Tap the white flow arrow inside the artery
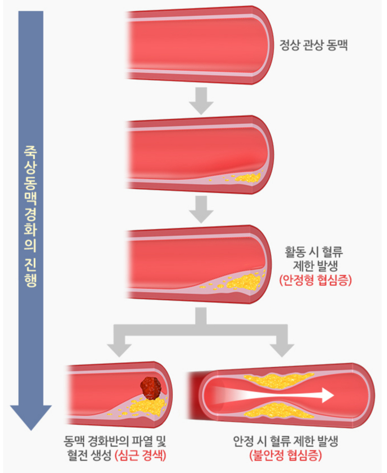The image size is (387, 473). [x=282, y=394]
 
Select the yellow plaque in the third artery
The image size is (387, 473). [x=246, y=281]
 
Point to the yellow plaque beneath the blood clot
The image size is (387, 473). [x=148, y=406]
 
